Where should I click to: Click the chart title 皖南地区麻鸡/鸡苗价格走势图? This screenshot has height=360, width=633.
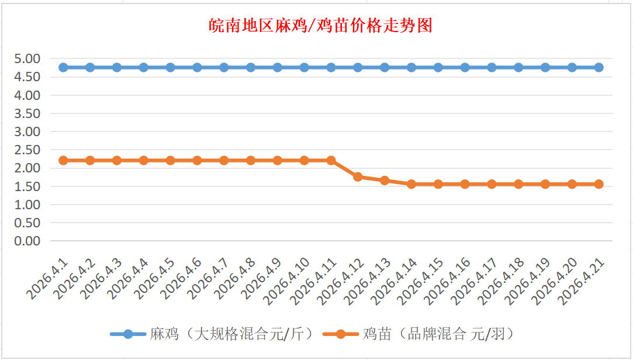(320, 26)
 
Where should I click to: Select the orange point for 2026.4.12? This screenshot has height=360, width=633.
(358, 176)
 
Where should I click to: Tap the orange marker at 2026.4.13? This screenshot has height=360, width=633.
(385, 181)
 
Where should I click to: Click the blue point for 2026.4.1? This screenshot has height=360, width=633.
(63, 67)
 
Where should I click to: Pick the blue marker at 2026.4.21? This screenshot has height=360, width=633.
(599, 67)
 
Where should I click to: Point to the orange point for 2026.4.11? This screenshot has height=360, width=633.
(331, 160)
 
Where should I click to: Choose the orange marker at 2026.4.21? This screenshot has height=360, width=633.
(599, 184)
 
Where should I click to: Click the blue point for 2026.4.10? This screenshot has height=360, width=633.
(304, 67)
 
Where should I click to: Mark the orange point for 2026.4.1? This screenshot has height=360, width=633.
(63, 160)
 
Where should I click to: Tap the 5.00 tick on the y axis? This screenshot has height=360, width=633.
(28, 58)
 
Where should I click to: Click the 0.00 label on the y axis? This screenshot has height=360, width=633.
(28, 241)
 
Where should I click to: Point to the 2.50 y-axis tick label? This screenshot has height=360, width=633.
(28, 150)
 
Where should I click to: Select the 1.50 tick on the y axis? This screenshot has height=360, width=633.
(28, 186)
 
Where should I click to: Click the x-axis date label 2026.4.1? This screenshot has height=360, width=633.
(49, 280)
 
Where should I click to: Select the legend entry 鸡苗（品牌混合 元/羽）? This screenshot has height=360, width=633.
(438, 334)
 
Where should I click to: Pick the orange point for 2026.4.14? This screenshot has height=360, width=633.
(411, 184)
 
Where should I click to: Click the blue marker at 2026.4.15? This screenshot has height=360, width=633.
(438, 67)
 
